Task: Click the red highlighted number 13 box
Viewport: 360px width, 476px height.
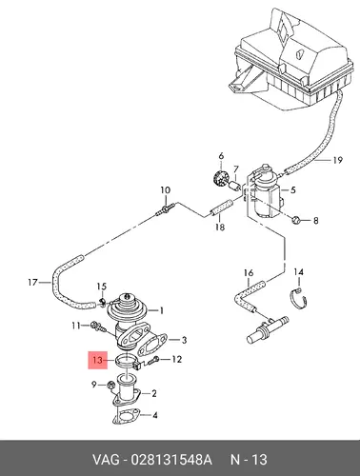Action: point(98,360)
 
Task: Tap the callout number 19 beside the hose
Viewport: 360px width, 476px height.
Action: point(337,160)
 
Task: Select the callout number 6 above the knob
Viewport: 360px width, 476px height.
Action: point(221,156)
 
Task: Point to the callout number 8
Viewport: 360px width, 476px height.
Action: point(315,220)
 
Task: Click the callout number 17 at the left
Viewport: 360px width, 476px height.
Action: point(32,282)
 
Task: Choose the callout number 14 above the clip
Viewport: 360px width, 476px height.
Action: point(298,272)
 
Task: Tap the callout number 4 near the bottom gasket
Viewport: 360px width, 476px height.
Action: point(154,415)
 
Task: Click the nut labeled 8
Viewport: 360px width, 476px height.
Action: point(296,219)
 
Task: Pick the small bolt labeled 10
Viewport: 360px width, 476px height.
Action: point(165,209)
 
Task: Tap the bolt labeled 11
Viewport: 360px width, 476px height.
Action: point(96,327)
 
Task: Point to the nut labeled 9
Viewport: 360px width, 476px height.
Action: point(111,385)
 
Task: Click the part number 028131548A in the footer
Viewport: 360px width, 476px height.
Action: point(170,460)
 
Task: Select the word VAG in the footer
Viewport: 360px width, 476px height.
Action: point(106,460)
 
